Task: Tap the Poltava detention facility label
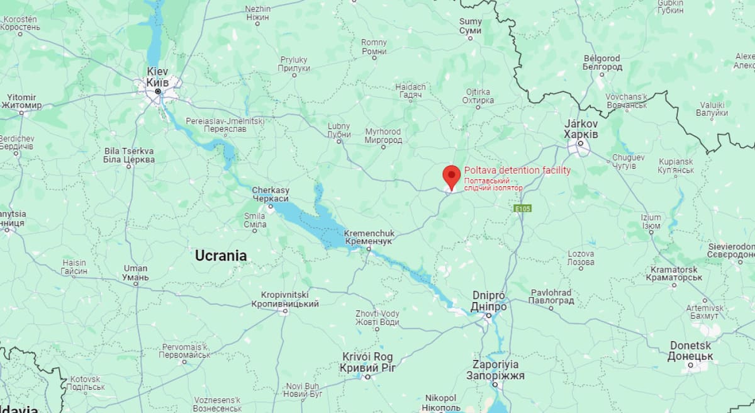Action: tap(517, 171)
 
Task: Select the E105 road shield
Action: tap(522, 208)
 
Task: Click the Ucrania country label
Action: tap(221, 256)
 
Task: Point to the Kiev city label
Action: tap(157, 77)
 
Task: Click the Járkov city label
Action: tap(581, 129)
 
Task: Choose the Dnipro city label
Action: tap(489, 300)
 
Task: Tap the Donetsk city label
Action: tap(691, 351)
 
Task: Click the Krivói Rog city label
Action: tap(367, 362)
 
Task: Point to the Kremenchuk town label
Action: tap(369, 237)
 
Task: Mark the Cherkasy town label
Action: tap(271, 194)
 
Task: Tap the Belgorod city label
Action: tap(602, 62)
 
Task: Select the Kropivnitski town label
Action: tap(284, 299)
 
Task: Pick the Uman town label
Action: tap(135, 273)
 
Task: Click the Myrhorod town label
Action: tap(384, 136)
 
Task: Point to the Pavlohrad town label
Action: tap(551, 297)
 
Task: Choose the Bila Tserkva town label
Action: tap(129, 156)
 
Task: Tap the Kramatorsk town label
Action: tap(673, 273)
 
